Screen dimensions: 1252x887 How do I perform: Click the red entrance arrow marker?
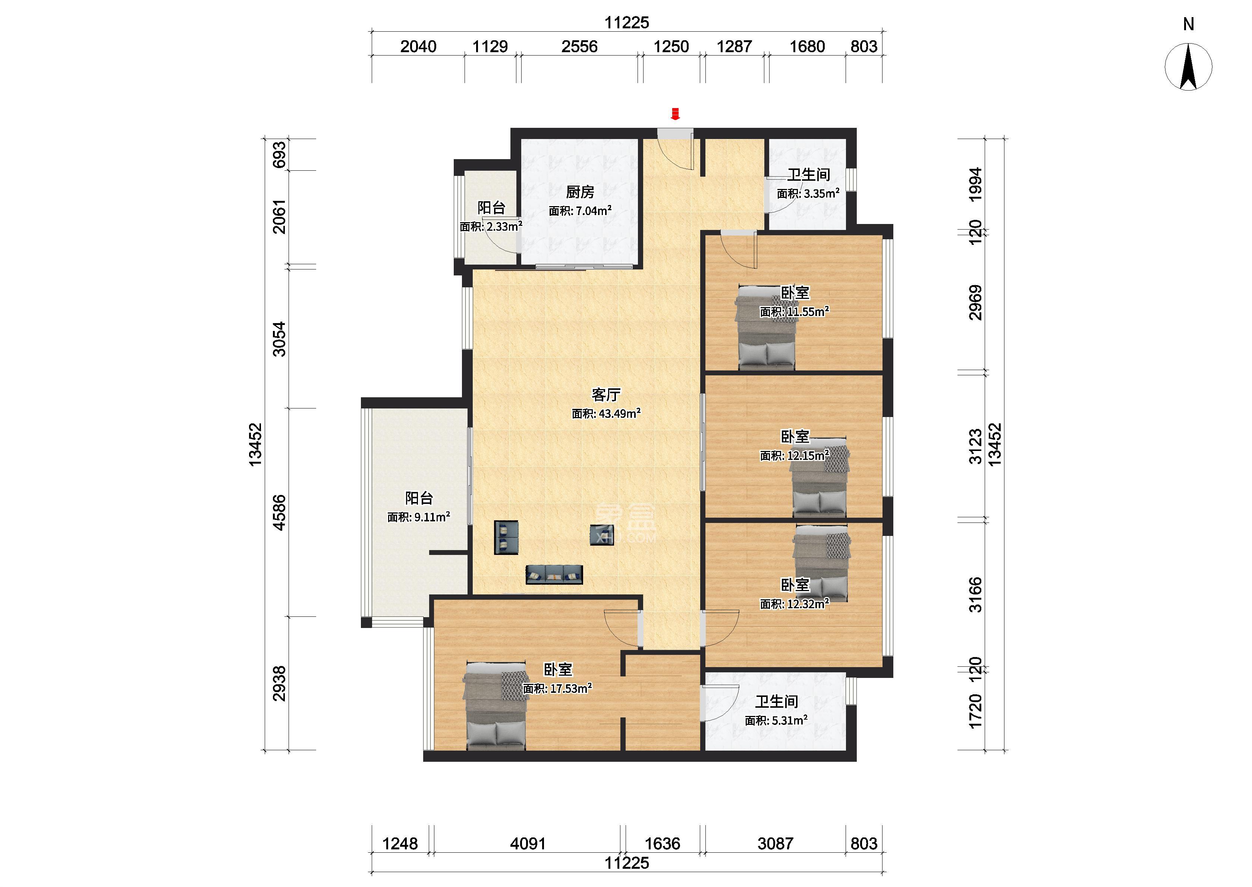675,114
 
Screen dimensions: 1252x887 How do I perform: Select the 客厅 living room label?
606,394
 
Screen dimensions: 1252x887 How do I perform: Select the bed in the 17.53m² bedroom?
495,706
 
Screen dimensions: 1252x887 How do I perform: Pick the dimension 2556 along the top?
579,47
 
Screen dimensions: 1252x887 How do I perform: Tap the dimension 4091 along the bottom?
528,844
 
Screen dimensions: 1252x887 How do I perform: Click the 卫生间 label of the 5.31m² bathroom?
777,701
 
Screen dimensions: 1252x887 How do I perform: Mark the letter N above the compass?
1189,24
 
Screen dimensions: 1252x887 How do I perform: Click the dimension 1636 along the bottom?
663,844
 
